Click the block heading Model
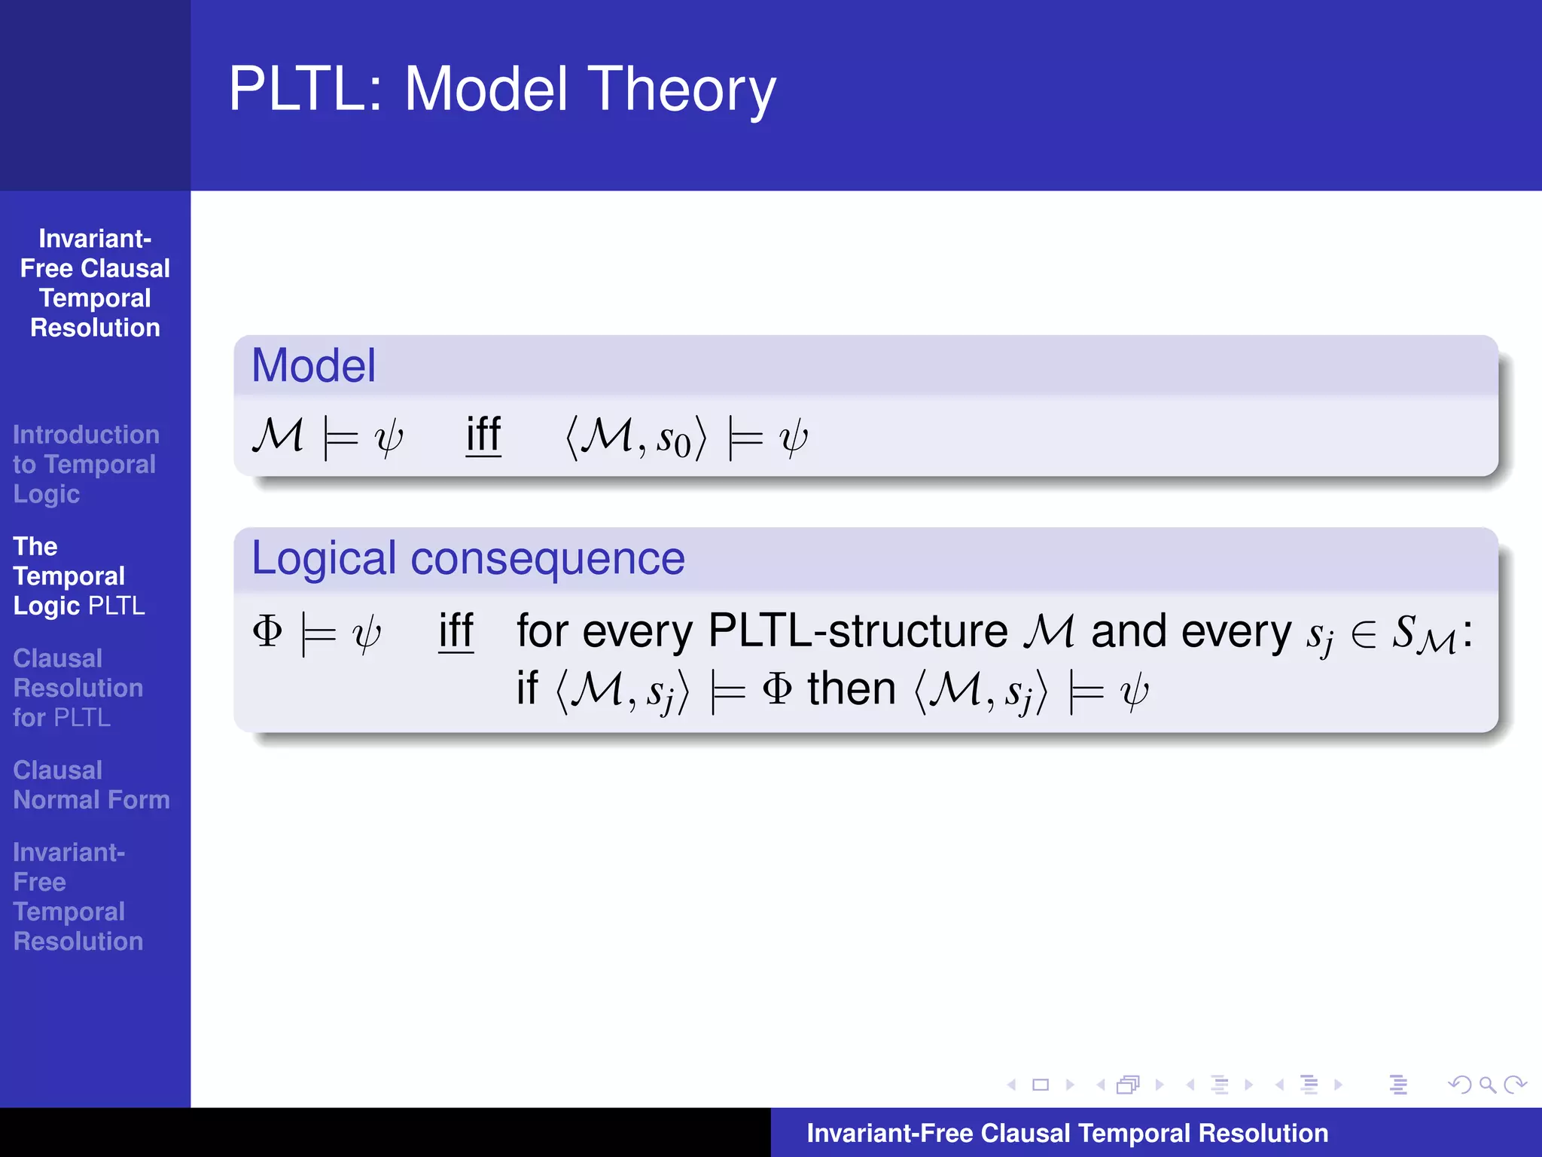(x=313, y=366)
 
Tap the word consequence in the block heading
(x=547, y=559)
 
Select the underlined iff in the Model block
(x=483, y=435)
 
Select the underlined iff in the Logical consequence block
(x=456, y=631)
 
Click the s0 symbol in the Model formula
(x=673, y=439)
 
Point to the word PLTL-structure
(x=858, y=631)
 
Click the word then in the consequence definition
(x=852, y=689)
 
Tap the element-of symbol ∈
(x=1364, y=633)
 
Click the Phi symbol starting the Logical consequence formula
(x=267, y=631)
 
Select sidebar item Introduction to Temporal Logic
(x=85, y=464)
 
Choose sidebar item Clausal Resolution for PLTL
(x=78, y=688)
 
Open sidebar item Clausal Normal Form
(x=90, y=785)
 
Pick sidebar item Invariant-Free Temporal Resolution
(x=78, y=896)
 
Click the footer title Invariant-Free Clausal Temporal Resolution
(x=1067, y=1133)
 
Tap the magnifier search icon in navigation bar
(x=1487, y=1085)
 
